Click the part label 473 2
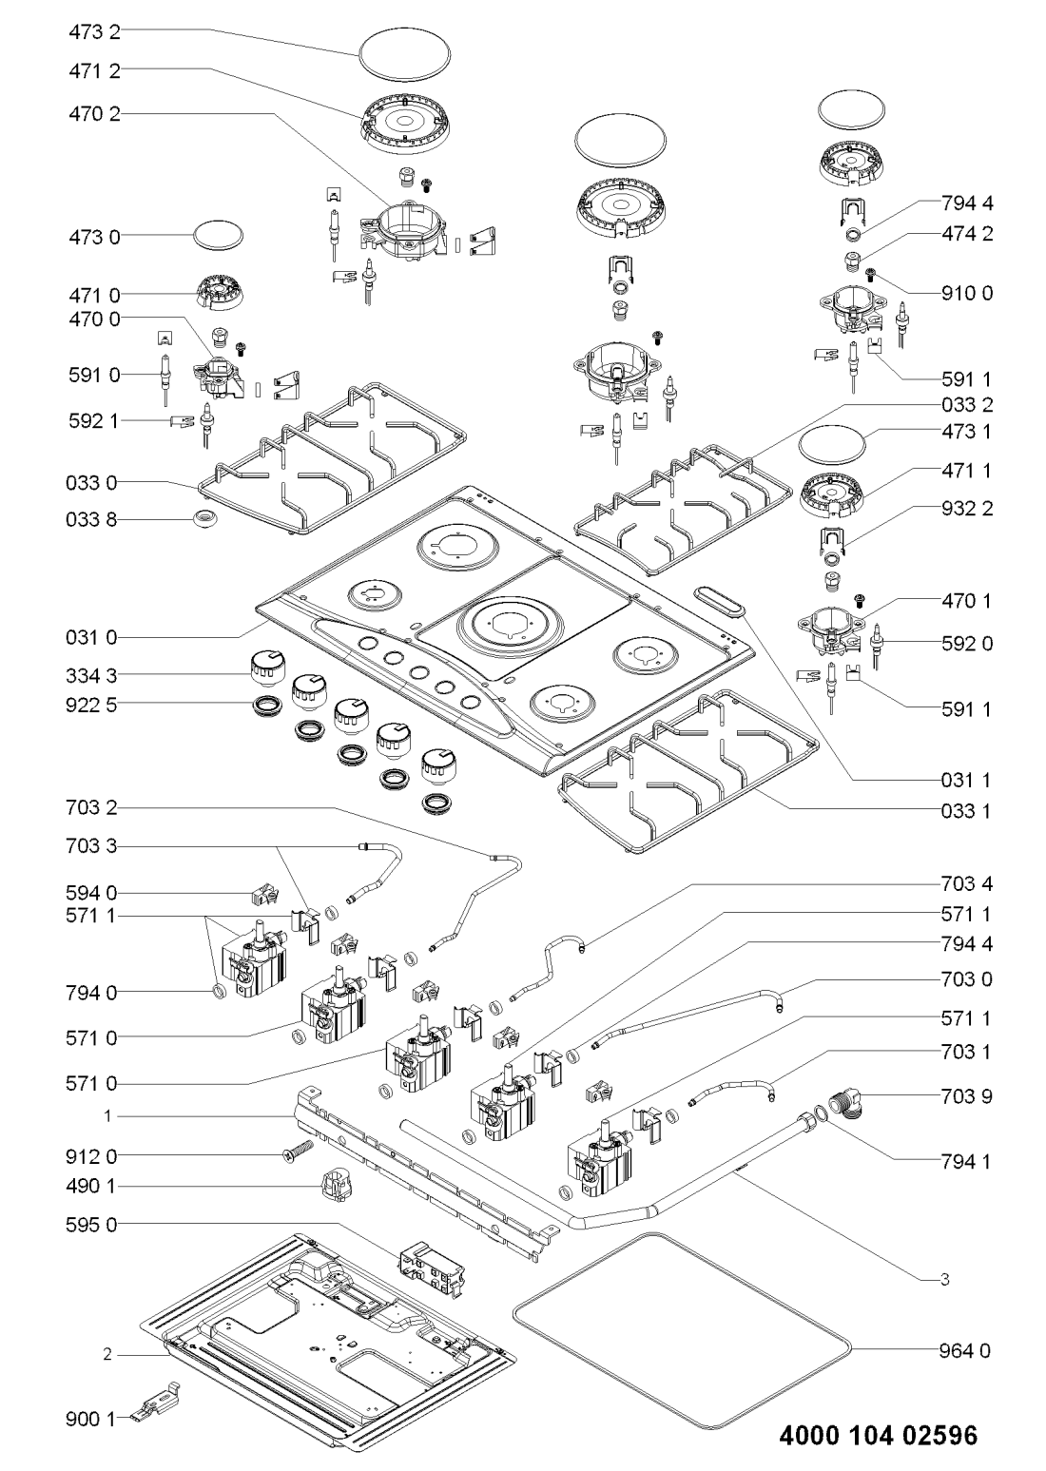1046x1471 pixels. click(x=93, y=30)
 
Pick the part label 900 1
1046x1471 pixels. click(x=93, y=1420)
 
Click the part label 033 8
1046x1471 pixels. click(x=93, y=520)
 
